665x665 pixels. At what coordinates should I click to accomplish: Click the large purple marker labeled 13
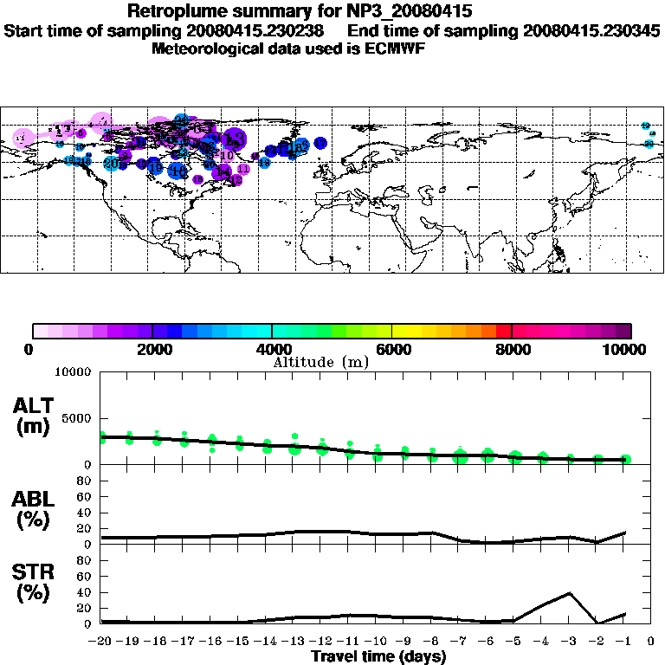click(x=233, y=139)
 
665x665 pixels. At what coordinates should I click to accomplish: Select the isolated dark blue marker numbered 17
click(x=320, y=143)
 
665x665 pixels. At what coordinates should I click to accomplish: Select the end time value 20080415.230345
click(x=591, y=31)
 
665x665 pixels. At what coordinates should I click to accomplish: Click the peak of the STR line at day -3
click(x=570, y=593)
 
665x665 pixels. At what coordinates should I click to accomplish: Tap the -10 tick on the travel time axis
click(x=377, y=642)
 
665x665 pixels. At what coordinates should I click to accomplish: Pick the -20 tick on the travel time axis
click(x=100, y=642)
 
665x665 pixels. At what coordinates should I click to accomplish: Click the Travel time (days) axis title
click(x=378, y=657)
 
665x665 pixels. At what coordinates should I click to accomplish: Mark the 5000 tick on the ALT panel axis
click(x=76, y=418)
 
